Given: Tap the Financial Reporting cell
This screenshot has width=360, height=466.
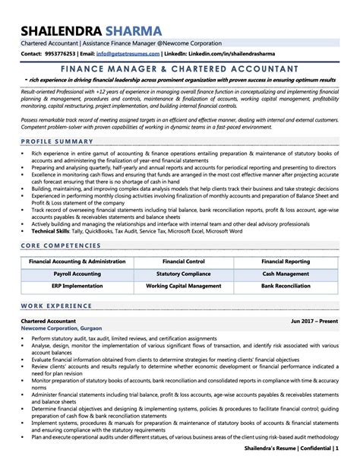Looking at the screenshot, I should click(x=286, y=260).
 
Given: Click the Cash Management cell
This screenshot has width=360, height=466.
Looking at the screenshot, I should click(x=286, y=273).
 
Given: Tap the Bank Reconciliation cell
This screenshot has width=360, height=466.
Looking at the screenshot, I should click(x=286, y=286).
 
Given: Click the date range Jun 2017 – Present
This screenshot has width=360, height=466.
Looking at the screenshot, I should click(x=314, y=322).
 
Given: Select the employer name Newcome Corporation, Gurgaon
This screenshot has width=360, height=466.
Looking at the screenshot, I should click(x=59, y=329).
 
